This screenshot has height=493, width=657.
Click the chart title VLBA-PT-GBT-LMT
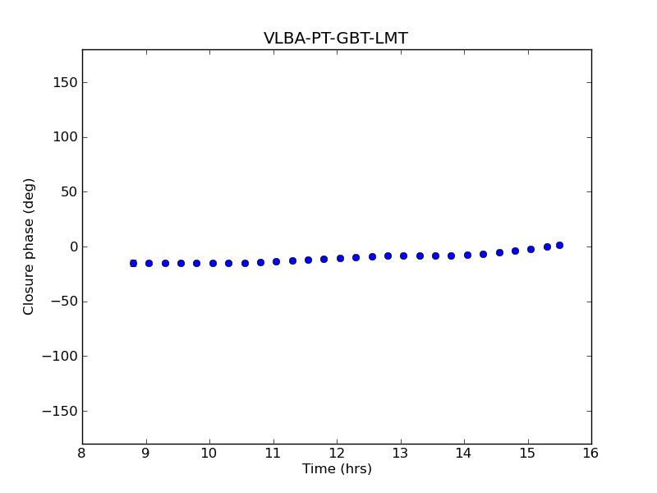point(335,39)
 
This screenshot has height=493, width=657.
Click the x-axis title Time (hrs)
point(337,469)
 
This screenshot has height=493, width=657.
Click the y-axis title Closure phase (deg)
point(30,246)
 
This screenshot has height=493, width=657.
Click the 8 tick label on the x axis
point(82,454)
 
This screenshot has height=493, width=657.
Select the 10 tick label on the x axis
point(209,454)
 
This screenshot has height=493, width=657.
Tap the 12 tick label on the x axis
point(337,454)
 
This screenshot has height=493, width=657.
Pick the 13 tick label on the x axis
point(400,454)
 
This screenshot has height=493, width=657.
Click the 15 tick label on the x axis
point(527,454)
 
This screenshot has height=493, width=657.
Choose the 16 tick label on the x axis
point(591,454)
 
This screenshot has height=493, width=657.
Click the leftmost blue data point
point(133,263)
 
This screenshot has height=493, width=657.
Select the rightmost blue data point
point(559,245)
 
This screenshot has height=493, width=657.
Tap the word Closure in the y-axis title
point(30,291)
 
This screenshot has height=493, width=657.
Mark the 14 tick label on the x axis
point(464,454)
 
